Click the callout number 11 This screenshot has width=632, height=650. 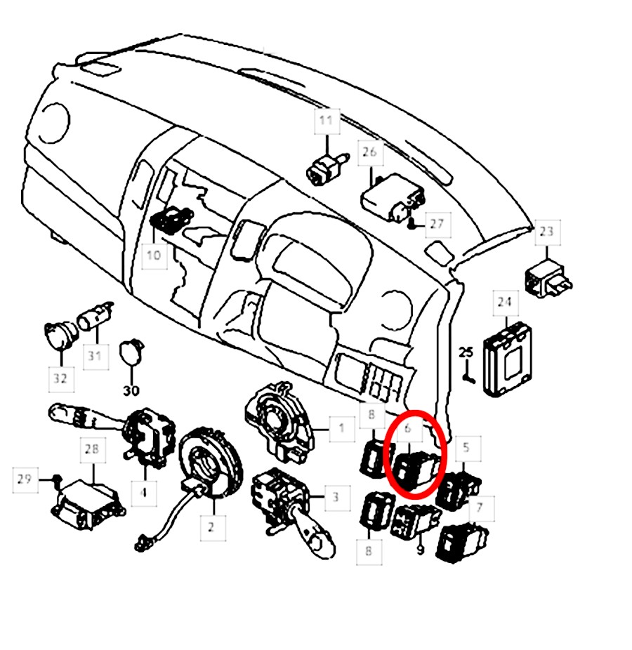tap(327, 121)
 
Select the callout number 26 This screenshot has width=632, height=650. tap(369, 152)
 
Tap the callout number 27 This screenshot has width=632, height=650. tap(437, 224)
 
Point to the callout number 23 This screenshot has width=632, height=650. tap(546, 231)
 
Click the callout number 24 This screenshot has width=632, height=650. tap(505, 302)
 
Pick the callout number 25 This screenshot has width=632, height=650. tap(466, 353)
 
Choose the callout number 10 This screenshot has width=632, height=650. tap(154, 255)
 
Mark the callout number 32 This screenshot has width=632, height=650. tap(60, 378)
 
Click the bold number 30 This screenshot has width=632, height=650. tap(131, 390)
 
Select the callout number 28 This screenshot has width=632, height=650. tap(92, 449)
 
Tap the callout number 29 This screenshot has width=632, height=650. tap(24, 479)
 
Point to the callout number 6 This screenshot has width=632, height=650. tap(407, 428)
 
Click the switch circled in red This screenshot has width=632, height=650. tap(415, 470)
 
